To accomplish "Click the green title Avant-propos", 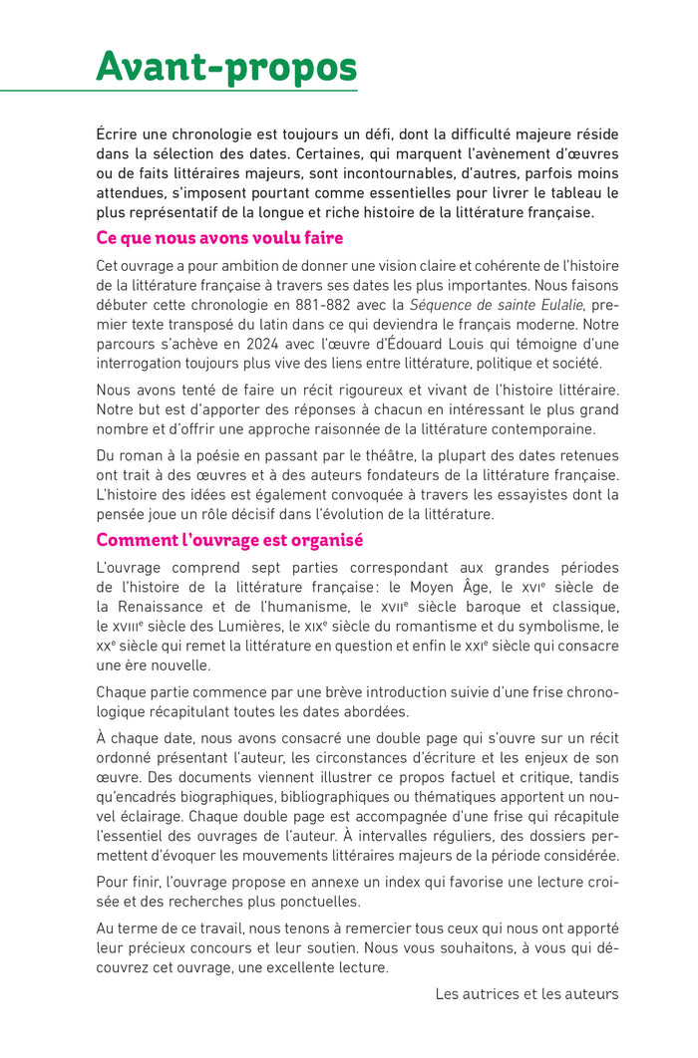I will (x=226, y=67).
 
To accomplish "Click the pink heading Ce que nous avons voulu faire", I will (x=219, y=238).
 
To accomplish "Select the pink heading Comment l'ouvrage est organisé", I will (x=229, y=540).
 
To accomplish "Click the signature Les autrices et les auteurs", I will (x=526, y=993).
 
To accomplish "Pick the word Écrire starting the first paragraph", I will (x=121, y=132).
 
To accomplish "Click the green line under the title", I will (x=179, y=92).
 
